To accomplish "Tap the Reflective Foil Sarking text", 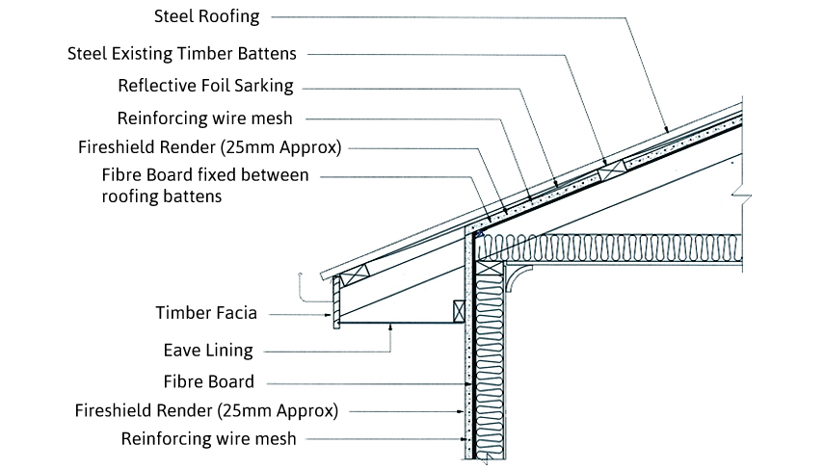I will pyautogui.click(x=205, y=85).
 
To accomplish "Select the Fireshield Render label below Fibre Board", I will pyautogui.click(x=206, y=410).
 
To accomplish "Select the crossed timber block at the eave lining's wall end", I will pyautogui.click(x=459, y=312).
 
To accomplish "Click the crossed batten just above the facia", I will pyautogui.click(x=354, y=275).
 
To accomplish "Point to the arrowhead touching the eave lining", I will pyautogui.click(x=389, y=327).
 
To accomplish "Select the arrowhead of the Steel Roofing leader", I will pyautogui.click(x=666, y=130).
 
